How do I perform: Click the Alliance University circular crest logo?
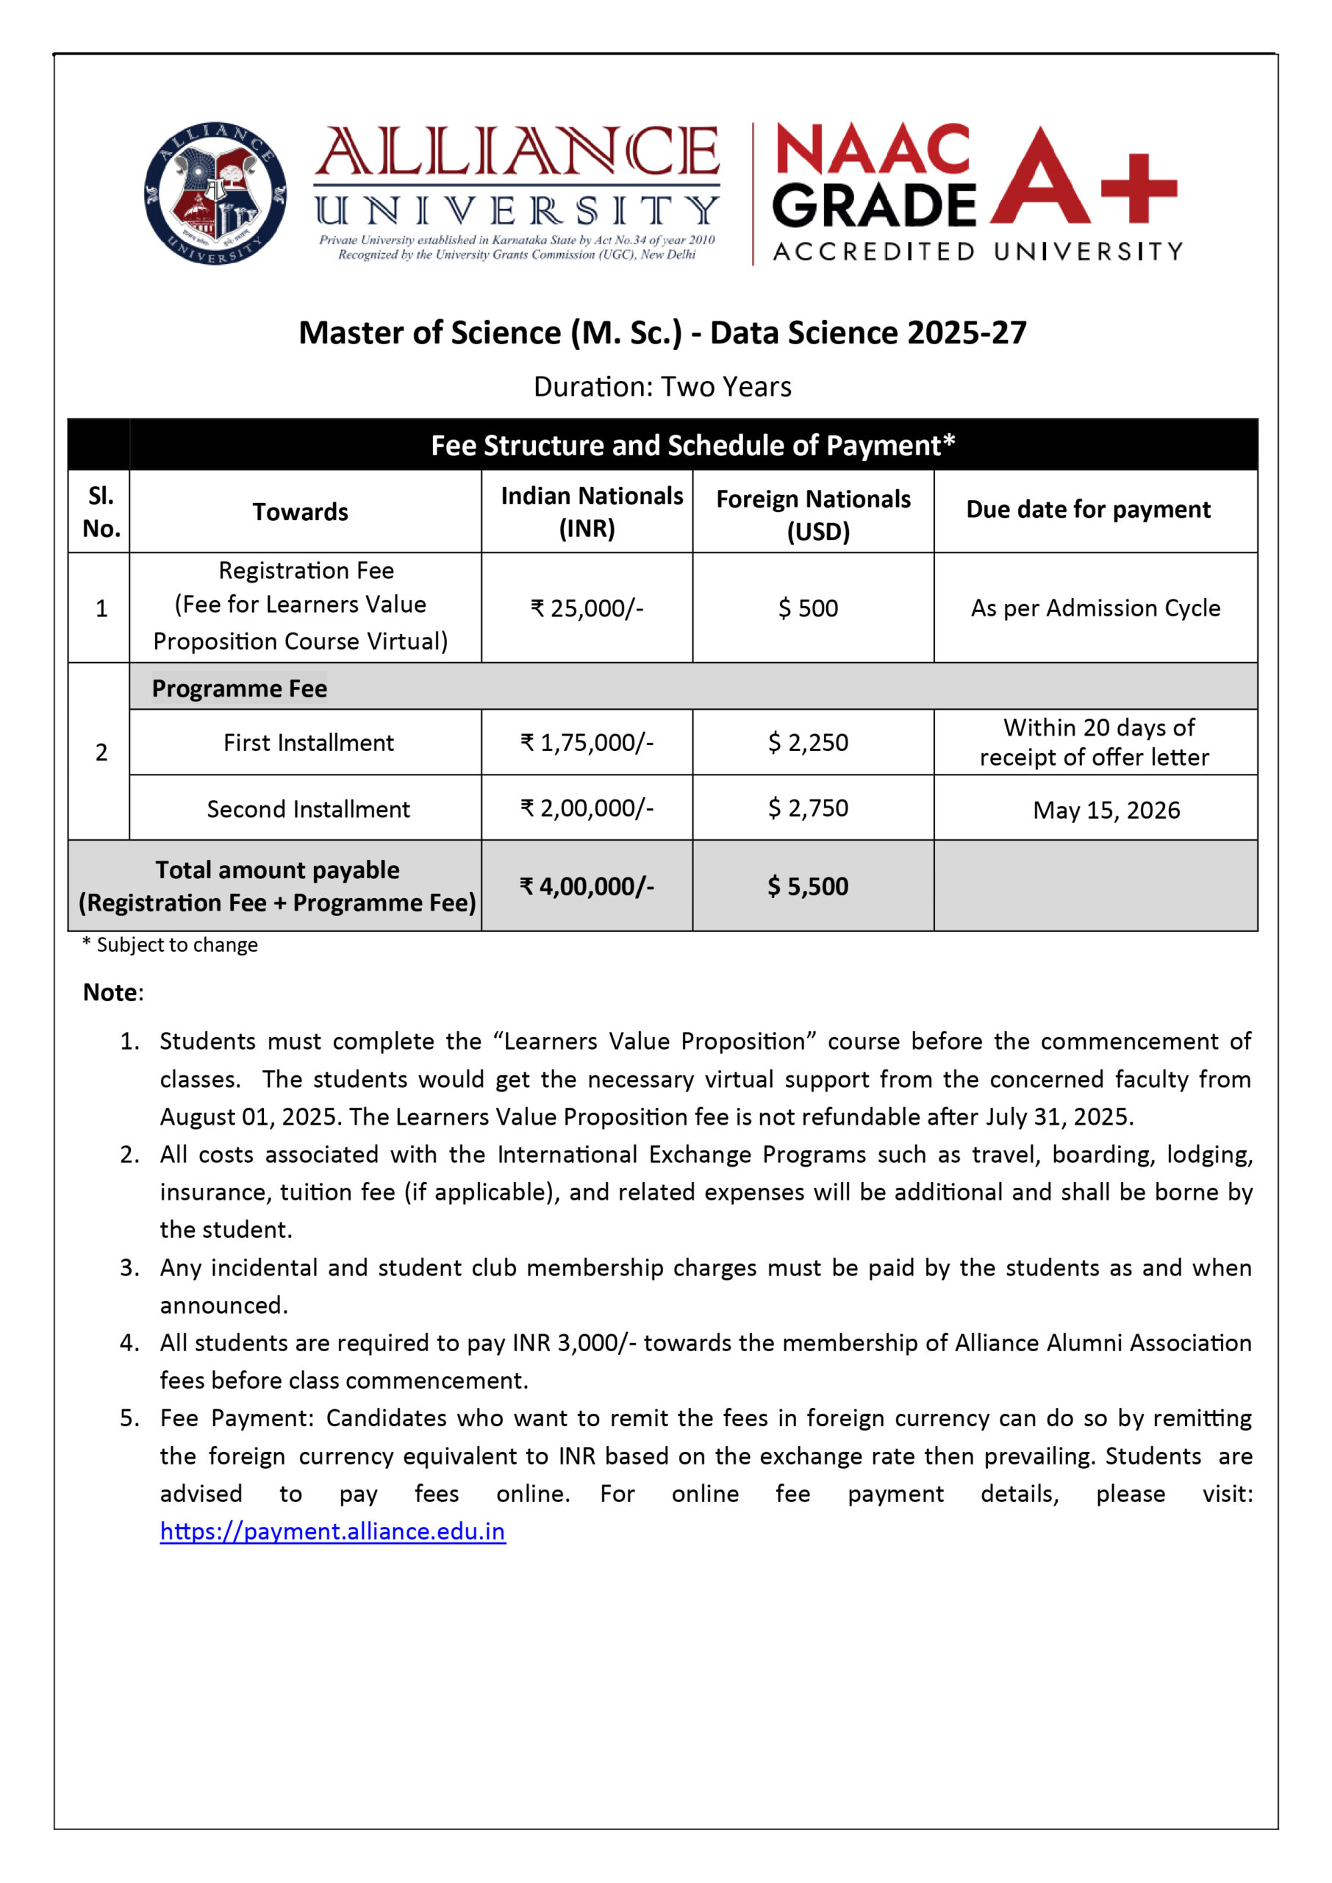tap(215, 193)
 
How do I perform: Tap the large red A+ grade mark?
tap(1083, 177)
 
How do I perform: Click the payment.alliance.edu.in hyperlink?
tap(332, 1531)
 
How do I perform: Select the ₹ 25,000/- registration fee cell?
tap(587, 608)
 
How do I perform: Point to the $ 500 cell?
tap(808, 608)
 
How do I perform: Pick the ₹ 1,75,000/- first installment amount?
tap(587, 742)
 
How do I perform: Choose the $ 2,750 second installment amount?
tap(808, 808)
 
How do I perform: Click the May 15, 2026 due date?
tap(1106, 811)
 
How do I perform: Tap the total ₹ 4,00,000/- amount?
tap(587, 886)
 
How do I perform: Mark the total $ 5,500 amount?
tap(808, 886)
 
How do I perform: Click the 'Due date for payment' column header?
tap(1088, 510)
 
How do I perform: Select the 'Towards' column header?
tap(300, 512)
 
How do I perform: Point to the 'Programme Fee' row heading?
tap(240, 688)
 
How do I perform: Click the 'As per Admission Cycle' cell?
tap(1095, 608)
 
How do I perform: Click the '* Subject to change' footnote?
tap(170, 945)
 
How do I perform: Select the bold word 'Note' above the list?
tap(111, 993)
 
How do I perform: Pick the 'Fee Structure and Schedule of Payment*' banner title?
tap(693, 446)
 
